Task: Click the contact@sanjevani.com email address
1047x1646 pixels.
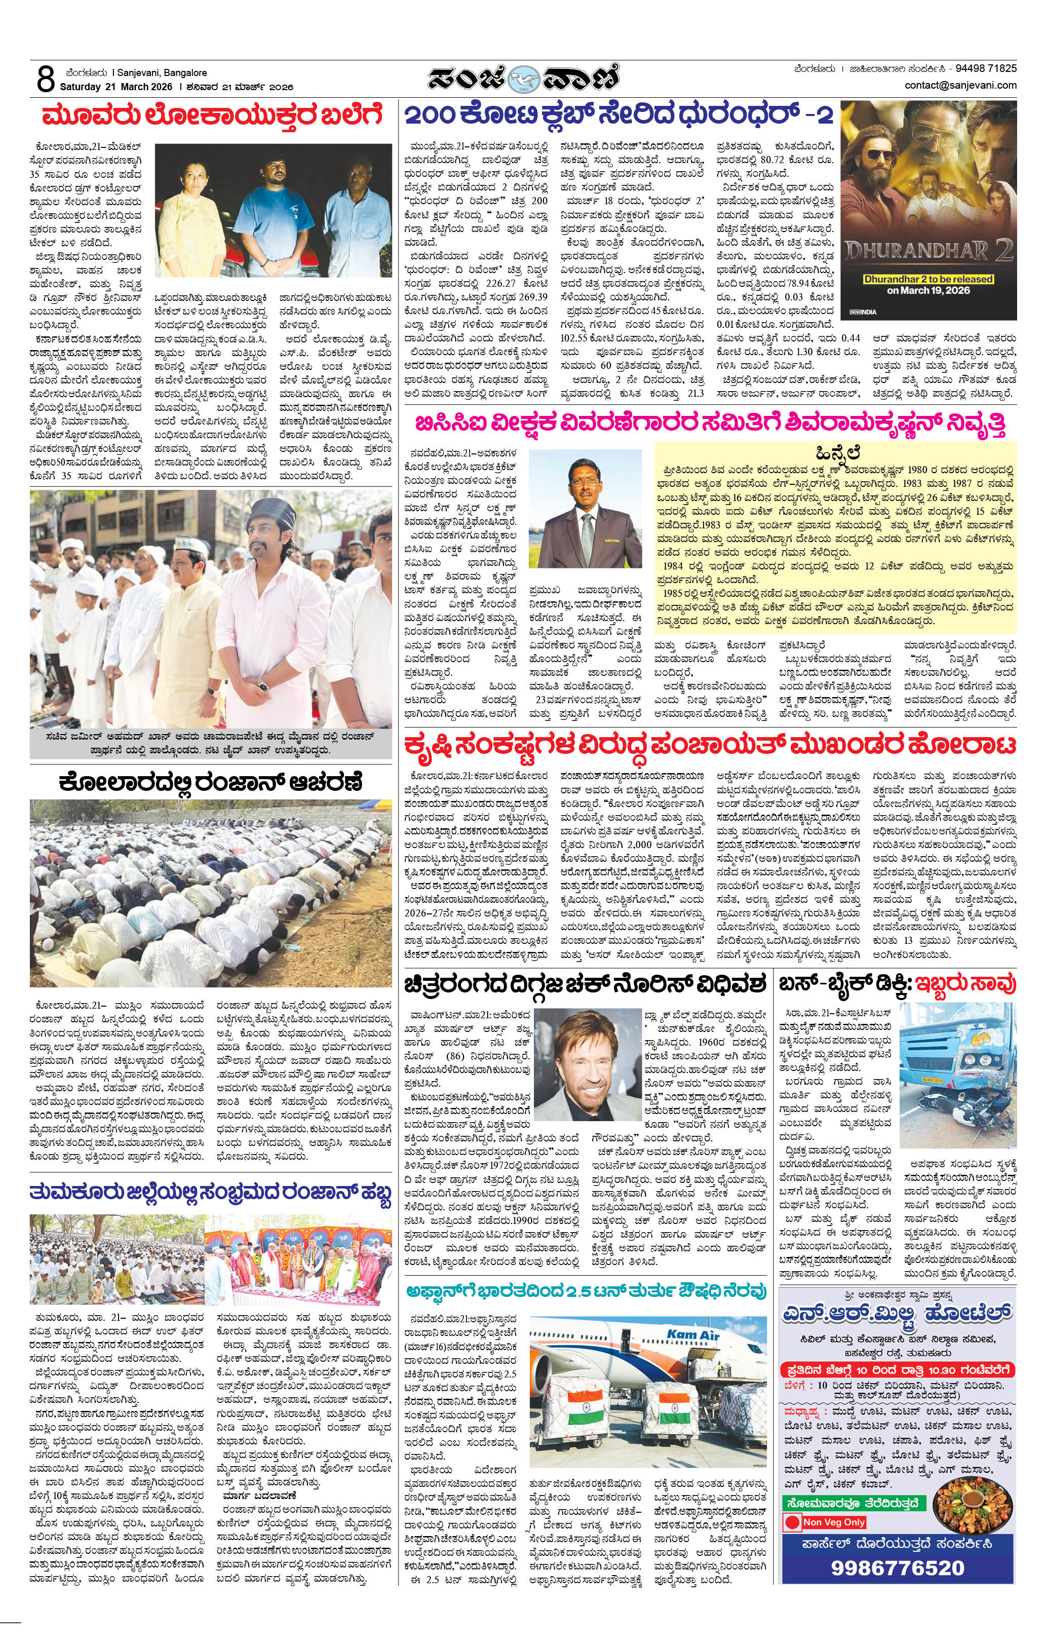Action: [x=960, y=86]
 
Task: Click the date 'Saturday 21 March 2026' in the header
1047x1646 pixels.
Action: [x=117, y=87]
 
